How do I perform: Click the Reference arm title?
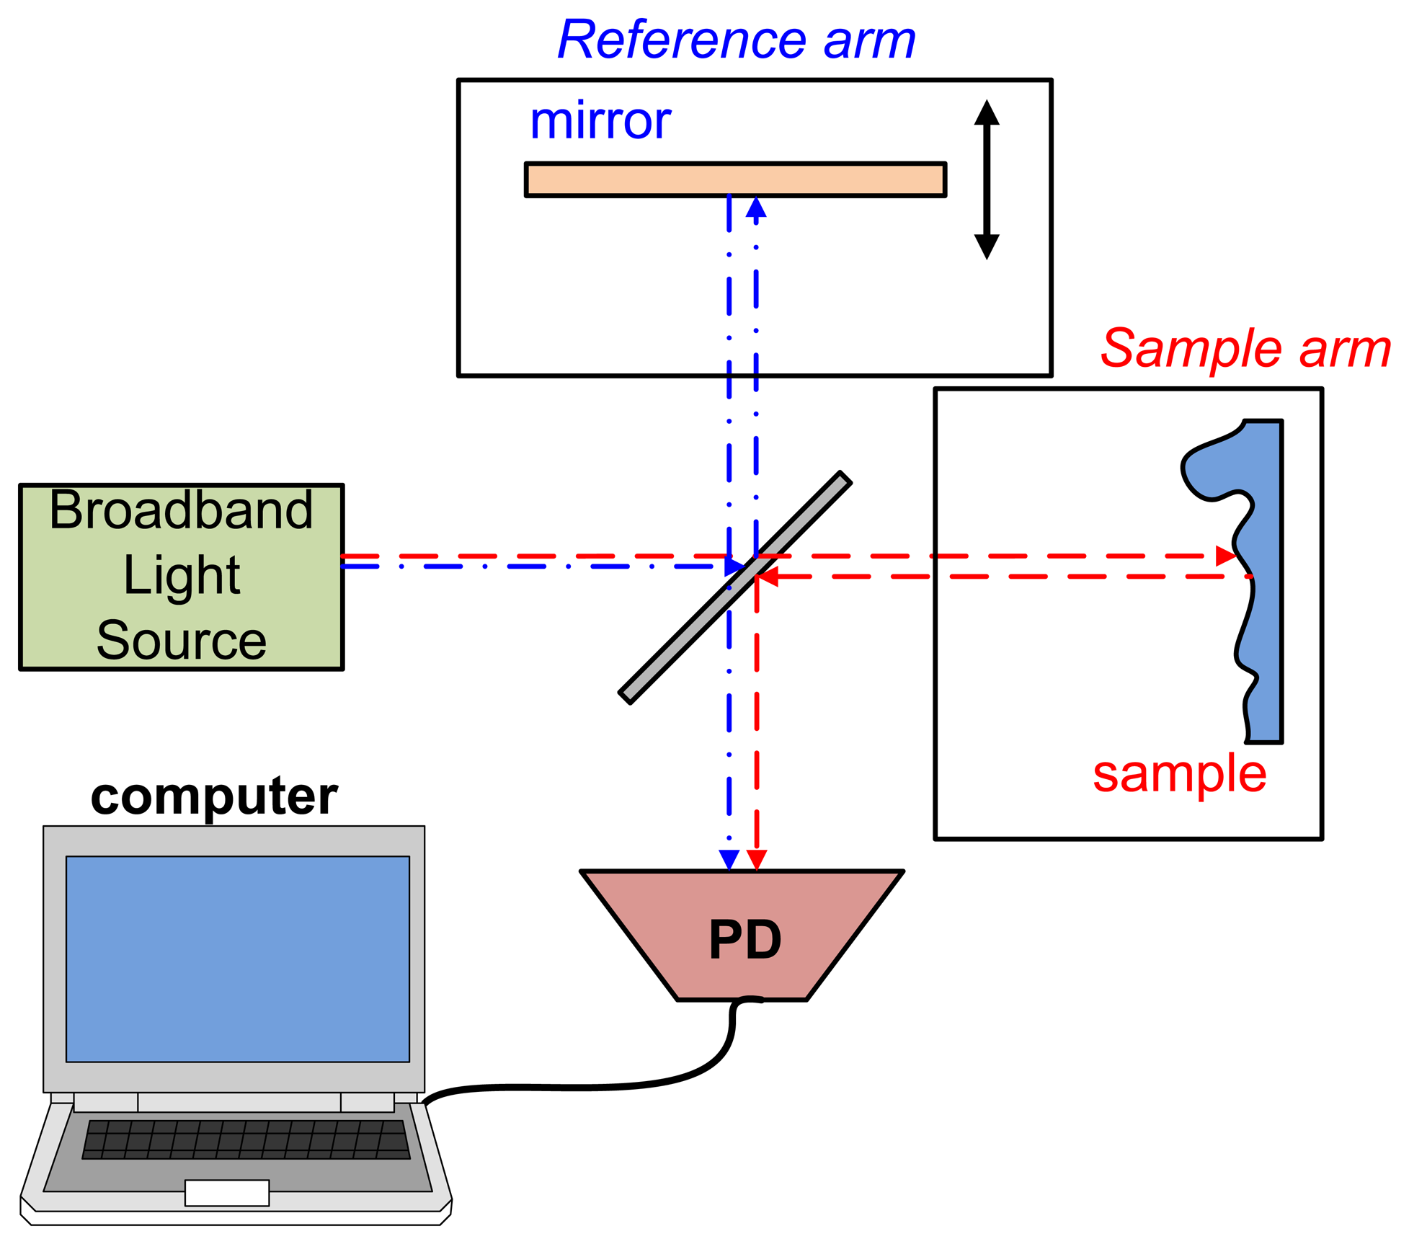pos(736,40)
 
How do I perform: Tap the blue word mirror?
pos(600,121)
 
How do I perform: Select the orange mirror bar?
pos(735,179)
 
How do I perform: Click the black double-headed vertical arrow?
pos(986,179)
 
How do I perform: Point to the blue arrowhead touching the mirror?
pos(756,208)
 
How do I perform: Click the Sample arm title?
pos(1245,349)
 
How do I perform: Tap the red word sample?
pos(1179,774)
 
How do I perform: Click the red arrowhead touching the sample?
pos(1225,556)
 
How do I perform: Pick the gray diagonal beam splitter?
pos(735,587)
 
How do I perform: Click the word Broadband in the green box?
pos(181,510)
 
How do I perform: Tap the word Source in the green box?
pos(181,640)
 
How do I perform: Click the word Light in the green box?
pos(181,575)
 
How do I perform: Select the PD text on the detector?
pos(744,940)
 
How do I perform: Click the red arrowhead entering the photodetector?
pos(757,860)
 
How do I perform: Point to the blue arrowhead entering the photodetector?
pos(729,860)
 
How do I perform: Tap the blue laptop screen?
pos(237,959)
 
